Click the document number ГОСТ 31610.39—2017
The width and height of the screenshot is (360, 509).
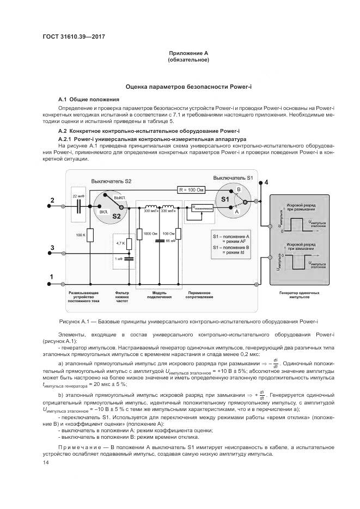click(73, 36)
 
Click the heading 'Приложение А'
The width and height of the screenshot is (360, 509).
click(189, 53)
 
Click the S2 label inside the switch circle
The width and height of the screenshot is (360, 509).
click(115, 216)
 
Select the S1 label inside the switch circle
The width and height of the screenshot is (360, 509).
click(225, 200)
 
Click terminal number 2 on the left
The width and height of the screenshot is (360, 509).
click(52, 201)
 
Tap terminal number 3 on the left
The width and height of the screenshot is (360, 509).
click(52, 248)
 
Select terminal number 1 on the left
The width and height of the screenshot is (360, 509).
click(52, 277)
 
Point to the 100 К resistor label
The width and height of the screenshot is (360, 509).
click(81, 235)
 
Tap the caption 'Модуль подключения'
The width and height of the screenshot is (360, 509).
click(162, 295)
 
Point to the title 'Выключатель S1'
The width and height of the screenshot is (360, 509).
click(233, 178)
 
